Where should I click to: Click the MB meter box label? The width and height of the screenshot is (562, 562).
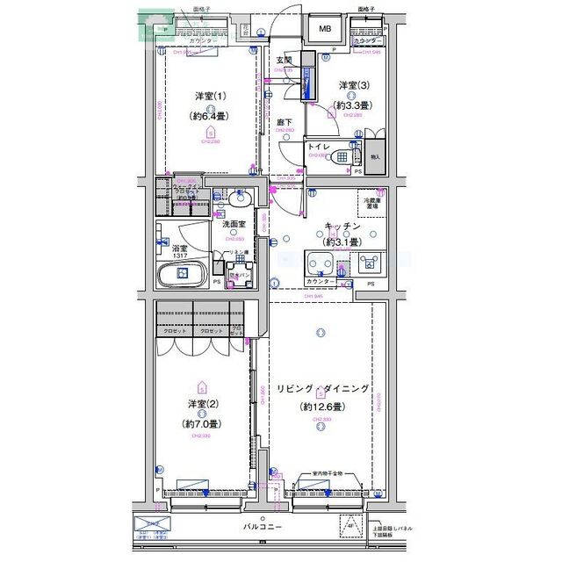click(325, 29)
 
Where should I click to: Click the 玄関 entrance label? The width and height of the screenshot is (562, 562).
click(284, 60)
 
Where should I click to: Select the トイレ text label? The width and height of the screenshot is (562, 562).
click(319, 146)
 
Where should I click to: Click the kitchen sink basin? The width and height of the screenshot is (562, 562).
click(321, 263)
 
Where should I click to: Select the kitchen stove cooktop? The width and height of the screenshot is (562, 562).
click(367, 263)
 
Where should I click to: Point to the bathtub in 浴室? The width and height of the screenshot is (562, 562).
click(182, 275)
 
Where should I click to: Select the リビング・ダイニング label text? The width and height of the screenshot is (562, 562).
click(322, 389)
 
